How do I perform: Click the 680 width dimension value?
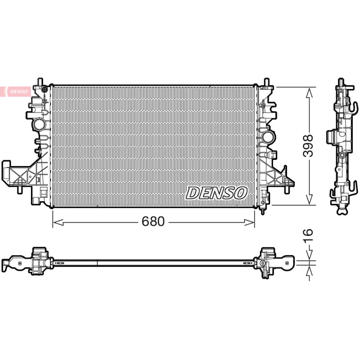[153, 221]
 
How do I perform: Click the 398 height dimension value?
[308, 145]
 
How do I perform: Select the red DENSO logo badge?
[15, 92]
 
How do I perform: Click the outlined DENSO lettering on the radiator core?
[216, 193]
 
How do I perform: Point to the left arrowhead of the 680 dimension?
[58, 222]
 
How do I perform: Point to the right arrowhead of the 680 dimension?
[249, 222]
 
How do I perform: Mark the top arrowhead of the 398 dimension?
[309, 93]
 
